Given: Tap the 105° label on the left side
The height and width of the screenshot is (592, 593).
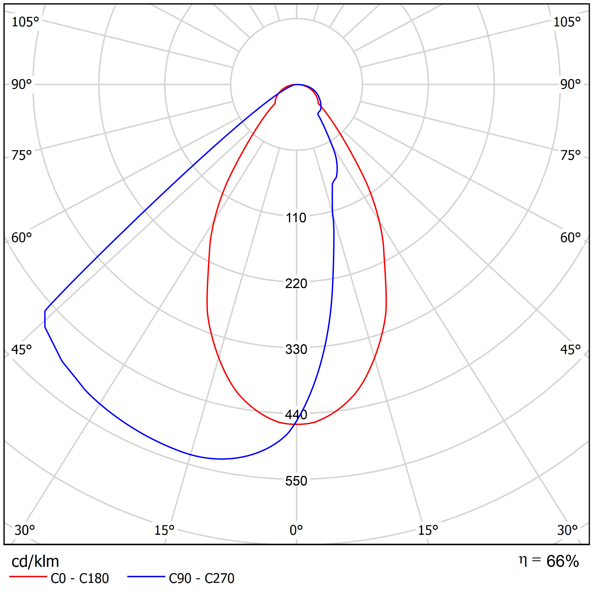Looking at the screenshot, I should pos(25,22).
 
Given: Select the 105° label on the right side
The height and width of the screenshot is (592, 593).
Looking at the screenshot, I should pos(567,22).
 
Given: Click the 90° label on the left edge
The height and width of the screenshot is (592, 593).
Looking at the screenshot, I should pos(21,84).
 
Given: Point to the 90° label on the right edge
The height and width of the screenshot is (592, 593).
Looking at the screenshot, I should pos(570,84).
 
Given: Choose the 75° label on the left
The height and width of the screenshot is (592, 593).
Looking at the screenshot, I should pos(21,155).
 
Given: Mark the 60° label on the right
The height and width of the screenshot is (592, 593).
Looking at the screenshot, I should pos(570,238).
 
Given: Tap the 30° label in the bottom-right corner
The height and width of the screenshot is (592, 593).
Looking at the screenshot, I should pos(567,530).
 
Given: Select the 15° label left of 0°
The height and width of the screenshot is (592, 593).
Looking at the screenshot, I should pos(164,530).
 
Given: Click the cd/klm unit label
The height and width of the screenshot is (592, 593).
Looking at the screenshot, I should pos(35,561).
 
